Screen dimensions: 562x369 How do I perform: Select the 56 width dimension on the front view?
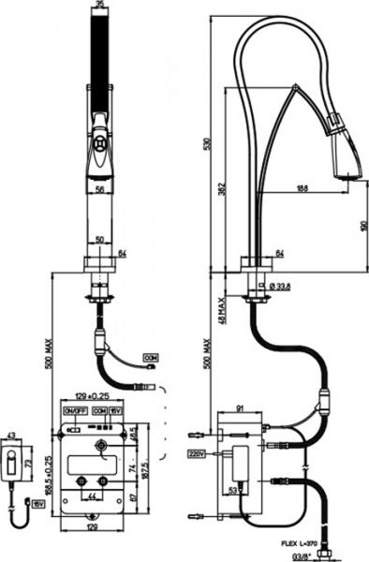coord(99,187)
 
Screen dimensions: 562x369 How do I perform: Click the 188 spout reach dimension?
coord(303,188)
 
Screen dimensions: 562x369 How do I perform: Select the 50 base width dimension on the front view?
coord(98,241)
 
